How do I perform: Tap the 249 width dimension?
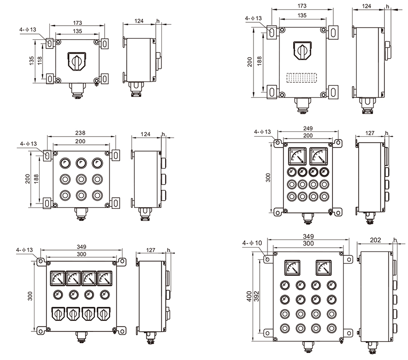coord(308,128)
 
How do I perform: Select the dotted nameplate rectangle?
coord(301,78)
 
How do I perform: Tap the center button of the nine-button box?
coord(80,179)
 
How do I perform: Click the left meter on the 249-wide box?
coord(296,156)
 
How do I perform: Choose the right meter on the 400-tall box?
coord(324,267)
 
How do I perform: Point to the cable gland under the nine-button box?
coord(80,212)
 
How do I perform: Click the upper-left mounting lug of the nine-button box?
coord(48,156)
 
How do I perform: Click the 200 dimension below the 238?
coord(80,141)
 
